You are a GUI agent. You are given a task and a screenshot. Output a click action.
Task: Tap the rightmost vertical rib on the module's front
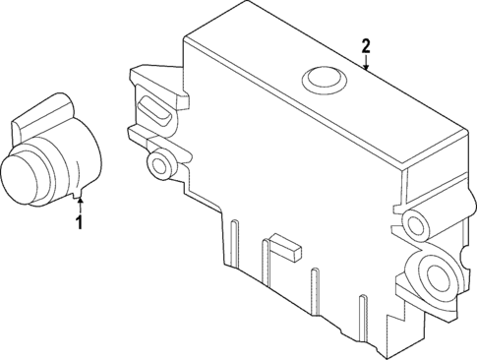(312, 286)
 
